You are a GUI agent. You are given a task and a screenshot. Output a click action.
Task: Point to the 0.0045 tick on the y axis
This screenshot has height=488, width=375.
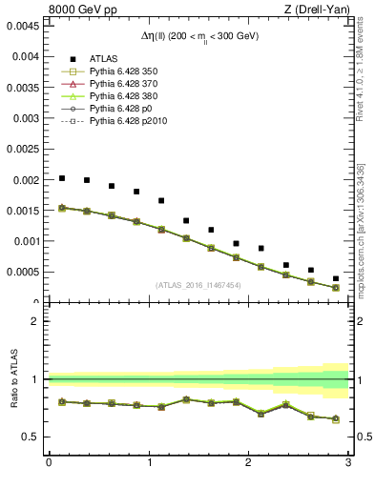[21, 26]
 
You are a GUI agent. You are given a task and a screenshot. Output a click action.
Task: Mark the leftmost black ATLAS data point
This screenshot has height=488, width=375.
[62, 178]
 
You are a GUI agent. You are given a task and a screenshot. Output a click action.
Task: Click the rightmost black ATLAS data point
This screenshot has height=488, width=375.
[335, 278]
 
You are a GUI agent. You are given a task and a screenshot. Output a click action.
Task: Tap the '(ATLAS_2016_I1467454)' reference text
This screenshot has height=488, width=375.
[198, 284]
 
